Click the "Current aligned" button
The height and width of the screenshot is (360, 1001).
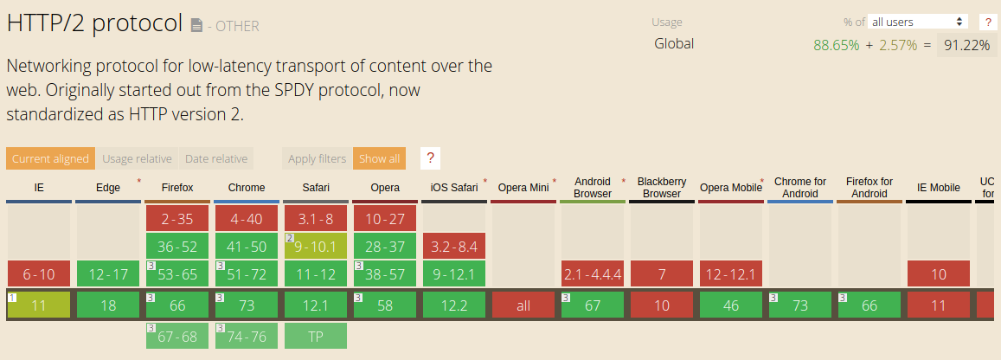pyautogui.click(x=50, y=158)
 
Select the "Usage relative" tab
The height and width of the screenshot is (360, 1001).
pyautogui.click(x=137, y=158)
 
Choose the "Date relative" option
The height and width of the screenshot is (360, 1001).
pyautogui.click(x=215, y=158)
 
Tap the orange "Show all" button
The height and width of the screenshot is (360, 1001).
pyautogui.click(x=379, y=158)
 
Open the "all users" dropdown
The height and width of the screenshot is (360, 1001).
pyautogui.click(x=918, y=22)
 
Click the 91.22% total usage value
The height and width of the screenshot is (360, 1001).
pyautogui.click(x=966, y=45)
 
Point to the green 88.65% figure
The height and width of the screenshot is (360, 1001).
pyautogui.click(x=837, y=45)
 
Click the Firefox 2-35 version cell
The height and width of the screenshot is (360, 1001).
pyautogui.click(x=177, y=219)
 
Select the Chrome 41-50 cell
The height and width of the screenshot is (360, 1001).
pyautogui.click(x=247, y=247)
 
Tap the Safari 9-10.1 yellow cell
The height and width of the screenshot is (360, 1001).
pyautogui.click(x=316, y=247)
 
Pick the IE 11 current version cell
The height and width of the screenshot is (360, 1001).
pyautogui.click(x=39, y=305)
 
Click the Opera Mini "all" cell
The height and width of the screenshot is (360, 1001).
pyautogui.click(x=523, y=305)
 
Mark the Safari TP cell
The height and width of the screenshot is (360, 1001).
pyautogui.click(x=316, y=336)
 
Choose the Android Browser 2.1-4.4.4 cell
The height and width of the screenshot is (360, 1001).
pyautogui.click(x=593, y=274)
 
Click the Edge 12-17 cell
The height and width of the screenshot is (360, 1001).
pyautogui.click(x=108, y=274)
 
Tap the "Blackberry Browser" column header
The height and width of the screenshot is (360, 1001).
pyautogui.click(x=662, y=188)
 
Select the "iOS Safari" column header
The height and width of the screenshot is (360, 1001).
pyautogui.click(x=454, y=188)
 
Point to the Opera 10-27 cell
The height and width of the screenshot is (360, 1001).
pyautogui.click(x=385, y=219)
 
